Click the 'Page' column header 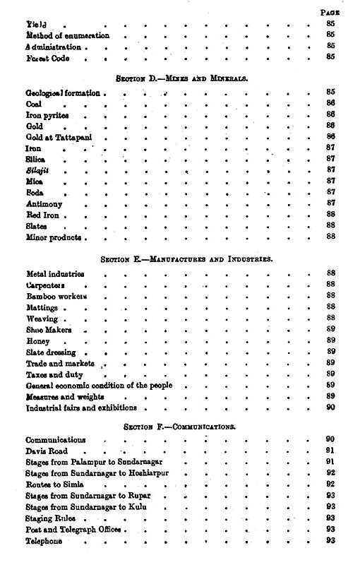[330, 12]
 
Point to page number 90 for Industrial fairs [330, 408]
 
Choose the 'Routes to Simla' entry [54, 484]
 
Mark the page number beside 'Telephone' [330, 541]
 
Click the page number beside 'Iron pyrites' [330, 114]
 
